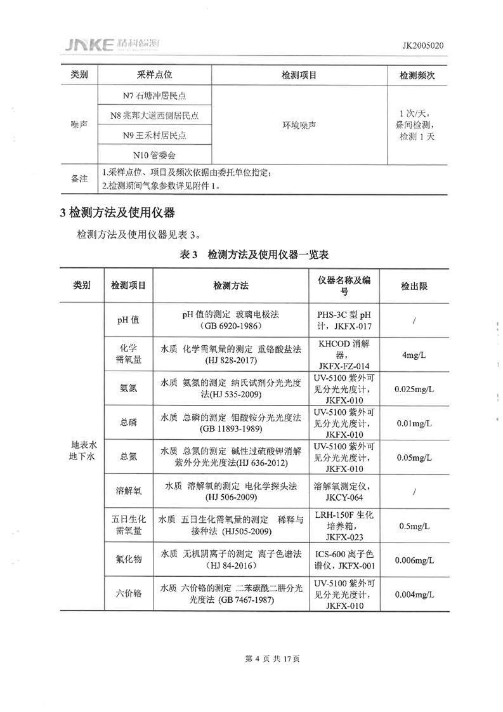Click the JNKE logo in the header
[112, 44]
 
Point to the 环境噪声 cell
[299, 125]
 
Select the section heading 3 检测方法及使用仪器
[117, 212]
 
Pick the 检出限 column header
[414, 286]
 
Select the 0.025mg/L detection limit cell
[414, 388]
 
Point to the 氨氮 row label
[127, 388]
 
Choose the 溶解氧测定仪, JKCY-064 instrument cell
[346, 491]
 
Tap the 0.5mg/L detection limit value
[414, 525]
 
